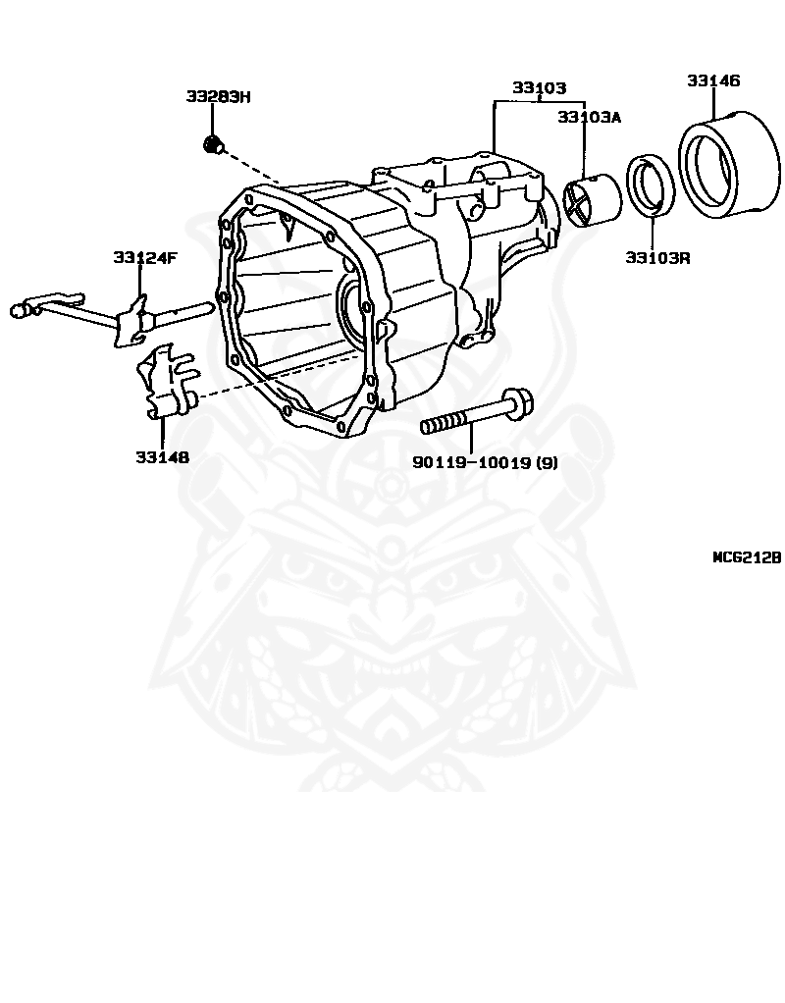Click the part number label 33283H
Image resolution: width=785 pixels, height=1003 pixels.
(x=218, y=96)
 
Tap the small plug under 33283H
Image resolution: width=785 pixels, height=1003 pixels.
(x=211, y=145)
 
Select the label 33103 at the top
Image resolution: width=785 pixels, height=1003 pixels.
(x=539, y=87)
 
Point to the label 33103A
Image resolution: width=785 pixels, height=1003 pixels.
(x=590, y=117)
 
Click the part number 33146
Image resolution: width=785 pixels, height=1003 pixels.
(x=713, y=80)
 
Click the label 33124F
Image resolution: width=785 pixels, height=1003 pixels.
(x=144, y=257)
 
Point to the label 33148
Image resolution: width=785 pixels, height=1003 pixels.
(x=163, y=456)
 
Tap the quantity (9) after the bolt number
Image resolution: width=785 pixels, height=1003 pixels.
(x=545, y=462)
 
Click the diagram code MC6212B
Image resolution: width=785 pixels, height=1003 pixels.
(x=746, y=556)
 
